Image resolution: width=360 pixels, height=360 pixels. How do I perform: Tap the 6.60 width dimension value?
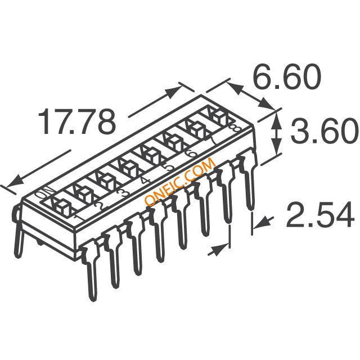pyautogui.click(x=286, y=76)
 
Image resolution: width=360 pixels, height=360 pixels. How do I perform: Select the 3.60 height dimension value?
pyautogui.click(x=324, y=130)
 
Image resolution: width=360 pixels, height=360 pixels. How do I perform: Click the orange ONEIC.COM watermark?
pyautogui.click(x=180, y=182)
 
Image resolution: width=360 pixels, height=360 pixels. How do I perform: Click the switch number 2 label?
pyautogui.click(x=99, y=204)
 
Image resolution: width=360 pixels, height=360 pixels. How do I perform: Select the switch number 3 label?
pyautogui.click(x=122, y=192)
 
